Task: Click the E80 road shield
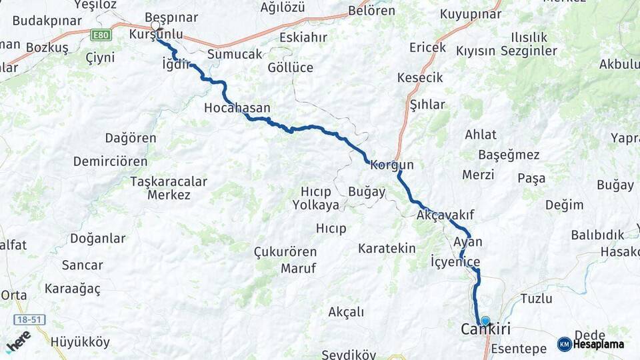(x=101, y=34)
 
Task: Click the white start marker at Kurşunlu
(x=155, y=26)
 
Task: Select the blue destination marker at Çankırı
(x=485, y=321)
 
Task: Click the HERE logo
(x=18, y=343)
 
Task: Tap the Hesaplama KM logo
(x=591, y=344)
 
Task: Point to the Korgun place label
(x=392, y=165)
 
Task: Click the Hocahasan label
(x=237, y=107)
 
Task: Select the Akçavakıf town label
(x=445, y=215)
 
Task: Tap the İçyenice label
(x=455, y=261)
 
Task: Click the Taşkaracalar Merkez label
(x=169, y=188)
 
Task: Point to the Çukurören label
(x=285, y=252)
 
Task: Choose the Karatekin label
(x=387, y=249)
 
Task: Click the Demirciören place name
(x=111, y=161)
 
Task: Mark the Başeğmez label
(x=509, y=155)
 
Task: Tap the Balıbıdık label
(x=597, y=235)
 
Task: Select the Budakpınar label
(x=41, y=20)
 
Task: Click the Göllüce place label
(x=290, y=68)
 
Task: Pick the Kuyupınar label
(x=471, y=13)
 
